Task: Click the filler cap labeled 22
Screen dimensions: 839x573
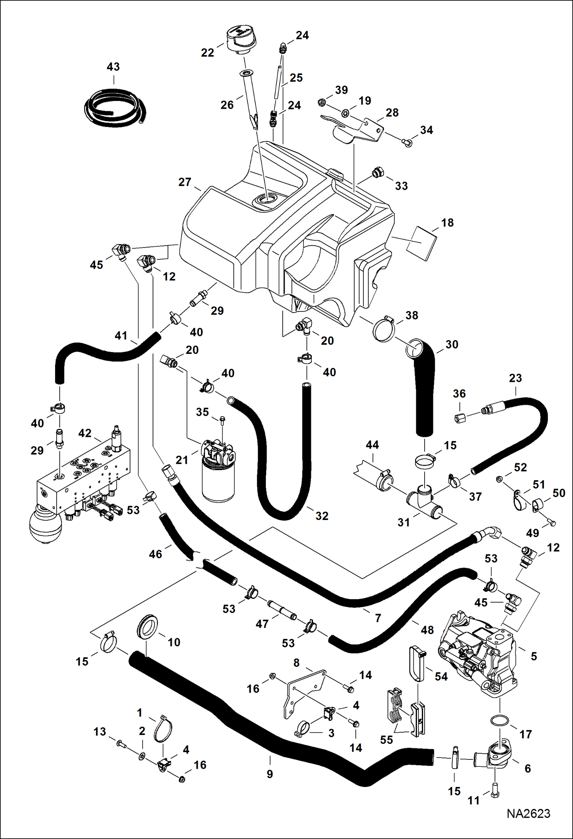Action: pyautogui.click(x=239, y=38)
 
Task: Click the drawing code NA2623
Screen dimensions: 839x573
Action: pyautogui.click(x=528, y=813)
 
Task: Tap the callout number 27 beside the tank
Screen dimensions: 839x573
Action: pyautogui.click(x=185, y=182)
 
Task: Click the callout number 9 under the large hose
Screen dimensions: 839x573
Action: pyautogui.click(x=270, y=774)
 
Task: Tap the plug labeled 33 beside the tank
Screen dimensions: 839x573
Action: pyautogui.click(x=378, y=172)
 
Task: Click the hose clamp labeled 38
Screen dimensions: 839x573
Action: pyautogui.click(x=384, y=329)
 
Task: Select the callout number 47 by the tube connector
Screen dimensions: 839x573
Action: pyautogui.click(x=262, y=624)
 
